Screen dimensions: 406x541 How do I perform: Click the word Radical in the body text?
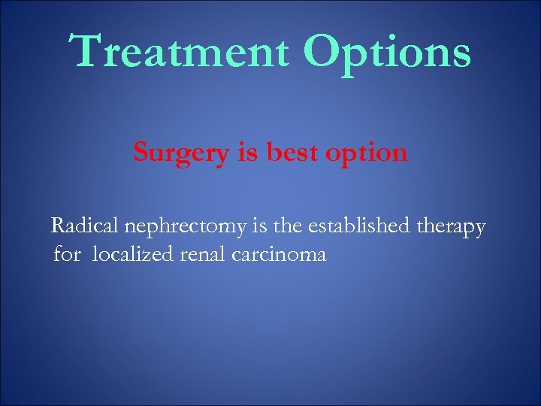pos(80,225)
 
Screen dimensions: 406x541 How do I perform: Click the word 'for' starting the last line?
pos(67,254)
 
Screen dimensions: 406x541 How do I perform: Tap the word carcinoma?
pos(279,254)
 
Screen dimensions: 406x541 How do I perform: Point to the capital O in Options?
pos(325,50)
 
